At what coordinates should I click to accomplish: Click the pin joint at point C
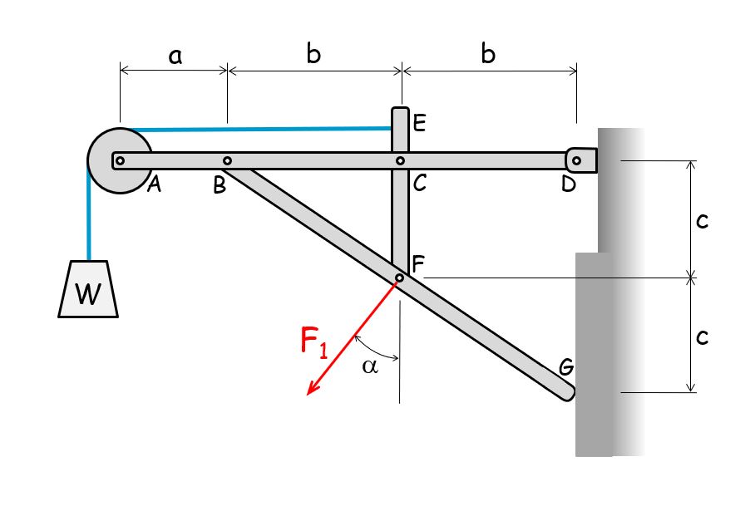[x=400, y=161]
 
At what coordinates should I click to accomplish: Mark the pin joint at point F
[x=399, y=278]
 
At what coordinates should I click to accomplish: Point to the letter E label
[x=419, y=125]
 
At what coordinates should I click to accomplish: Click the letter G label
[x=565, y=366]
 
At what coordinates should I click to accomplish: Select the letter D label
[x=569, y=184]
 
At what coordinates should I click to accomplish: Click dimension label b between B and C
[x=313, y=54]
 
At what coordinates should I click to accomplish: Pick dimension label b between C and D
[x=488, y=54]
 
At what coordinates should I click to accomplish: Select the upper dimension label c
[x=702, y=221]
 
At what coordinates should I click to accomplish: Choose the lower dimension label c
[x=702, y=336]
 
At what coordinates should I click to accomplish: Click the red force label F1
[x=315, y=342]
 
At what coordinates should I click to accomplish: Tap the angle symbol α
[x=370, y=366]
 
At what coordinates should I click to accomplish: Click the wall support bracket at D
[x=581, y=160]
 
